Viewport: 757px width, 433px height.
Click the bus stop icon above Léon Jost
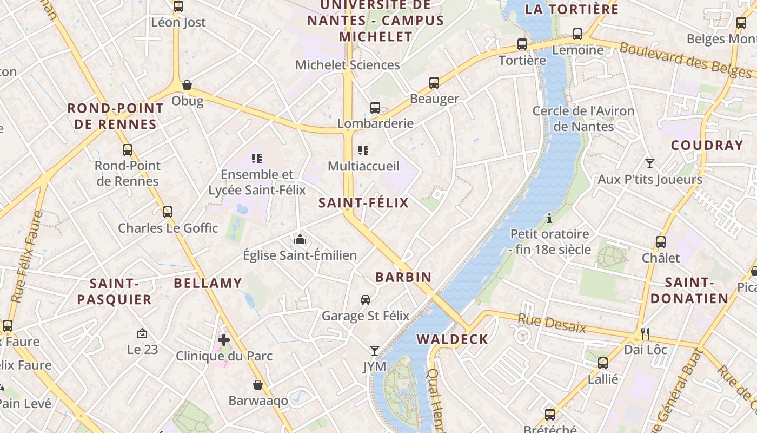178,6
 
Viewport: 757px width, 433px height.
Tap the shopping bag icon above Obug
187,85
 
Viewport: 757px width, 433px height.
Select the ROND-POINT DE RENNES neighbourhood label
115,116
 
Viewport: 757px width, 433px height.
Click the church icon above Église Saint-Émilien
300,239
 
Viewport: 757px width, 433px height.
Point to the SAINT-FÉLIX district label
363,203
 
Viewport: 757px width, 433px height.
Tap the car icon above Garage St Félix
366,300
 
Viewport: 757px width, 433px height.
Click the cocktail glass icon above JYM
374,351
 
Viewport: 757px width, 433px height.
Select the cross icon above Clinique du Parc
224,340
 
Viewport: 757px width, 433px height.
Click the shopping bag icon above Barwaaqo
258,385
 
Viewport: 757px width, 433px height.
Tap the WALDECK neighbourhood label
452,339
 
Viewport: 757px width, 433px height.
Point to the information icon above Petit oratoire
549,218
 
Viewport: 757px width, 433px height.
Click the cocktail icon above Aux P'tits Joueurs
649,163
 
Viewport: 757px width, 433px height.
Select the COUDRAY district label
707,145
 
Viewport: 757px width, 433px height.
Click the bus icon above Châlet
660,242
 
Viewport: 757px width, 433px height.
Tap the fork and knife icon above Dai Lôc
645,333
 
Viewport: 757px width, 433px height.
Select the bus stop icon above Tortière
522,44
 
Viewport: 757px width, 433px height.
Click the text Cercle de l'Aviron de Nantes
583,119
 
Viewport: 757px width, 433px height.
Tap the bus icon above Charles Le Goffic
168,212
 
